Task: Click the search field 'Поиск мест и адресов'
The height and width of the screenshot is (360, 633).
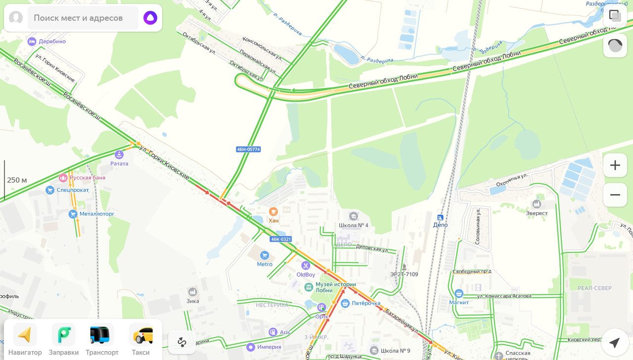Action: click(x=82, y=18)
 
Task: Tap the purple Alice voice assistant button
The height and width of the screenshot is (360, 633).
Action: click(x=150, y=18)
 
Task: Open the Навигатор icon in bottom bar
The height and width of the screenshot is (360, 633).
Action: click(x=25, y=335)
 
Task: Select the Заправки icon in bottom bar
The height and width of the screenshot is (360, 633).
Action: click(x=64, y=335)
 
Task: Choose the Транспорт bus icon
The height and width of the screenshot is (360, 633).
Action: click(x=102, y=335)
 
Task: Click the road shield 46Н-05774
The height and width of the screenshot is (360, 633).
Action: click(x=248, y=149)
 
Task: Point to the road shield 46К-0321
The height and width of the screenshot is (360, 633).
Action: click(x=281, y=239)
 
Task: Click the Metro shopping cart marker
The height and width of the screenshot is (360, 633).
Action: click(x=265, y=255)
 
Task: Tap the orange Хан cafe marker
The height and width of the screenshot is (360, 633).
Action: click(x=273, y=212)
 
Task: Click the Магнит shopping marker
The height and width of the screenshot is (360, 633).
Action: click(x=459, y=294)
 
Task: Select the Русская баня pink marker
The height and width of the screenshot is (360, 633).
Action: click(x=63, y=178)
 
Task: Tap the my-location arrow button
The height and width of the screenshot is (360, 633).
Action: click(x=615, y=342)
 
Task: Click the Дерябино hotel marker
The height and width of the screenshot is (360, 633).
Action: click(x=32, y=42)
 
